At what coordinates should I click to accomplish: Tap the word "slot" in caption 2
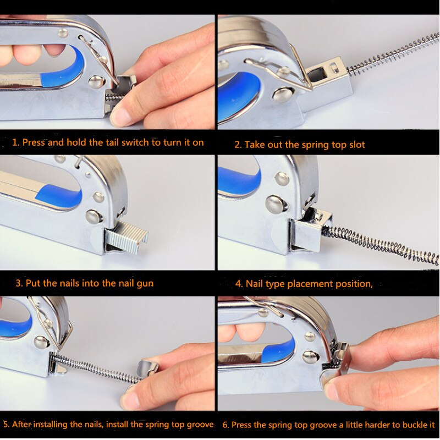(357, 145)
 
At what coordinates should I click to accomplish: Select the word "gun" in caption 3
(145, 283)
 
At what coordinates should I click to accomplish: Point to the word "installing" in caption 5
(51, 424)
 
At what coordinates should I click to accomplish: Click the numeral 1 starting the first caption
(15, 142)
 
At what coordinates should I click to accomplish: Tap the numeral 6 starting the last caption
(226, 425)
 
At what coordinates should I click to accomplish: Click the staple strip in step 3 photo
(127, 237)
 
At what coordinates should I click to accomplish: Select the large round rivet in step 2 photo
(282, 95)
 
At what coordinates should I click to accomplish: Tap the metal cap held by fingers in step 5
(149, 367)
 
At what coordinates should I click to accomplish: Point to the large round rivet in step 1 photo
(97, 82)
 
